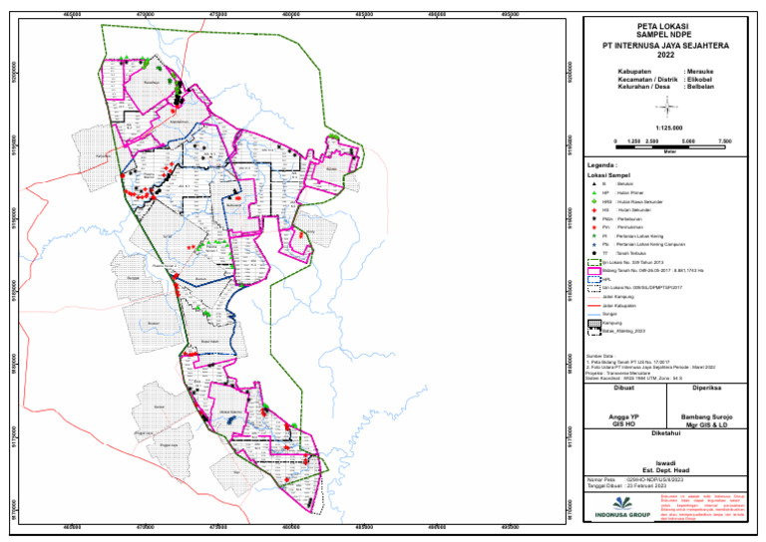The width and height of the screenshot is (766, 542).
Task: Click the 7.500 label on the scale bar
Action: click(x=725, y=141)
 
